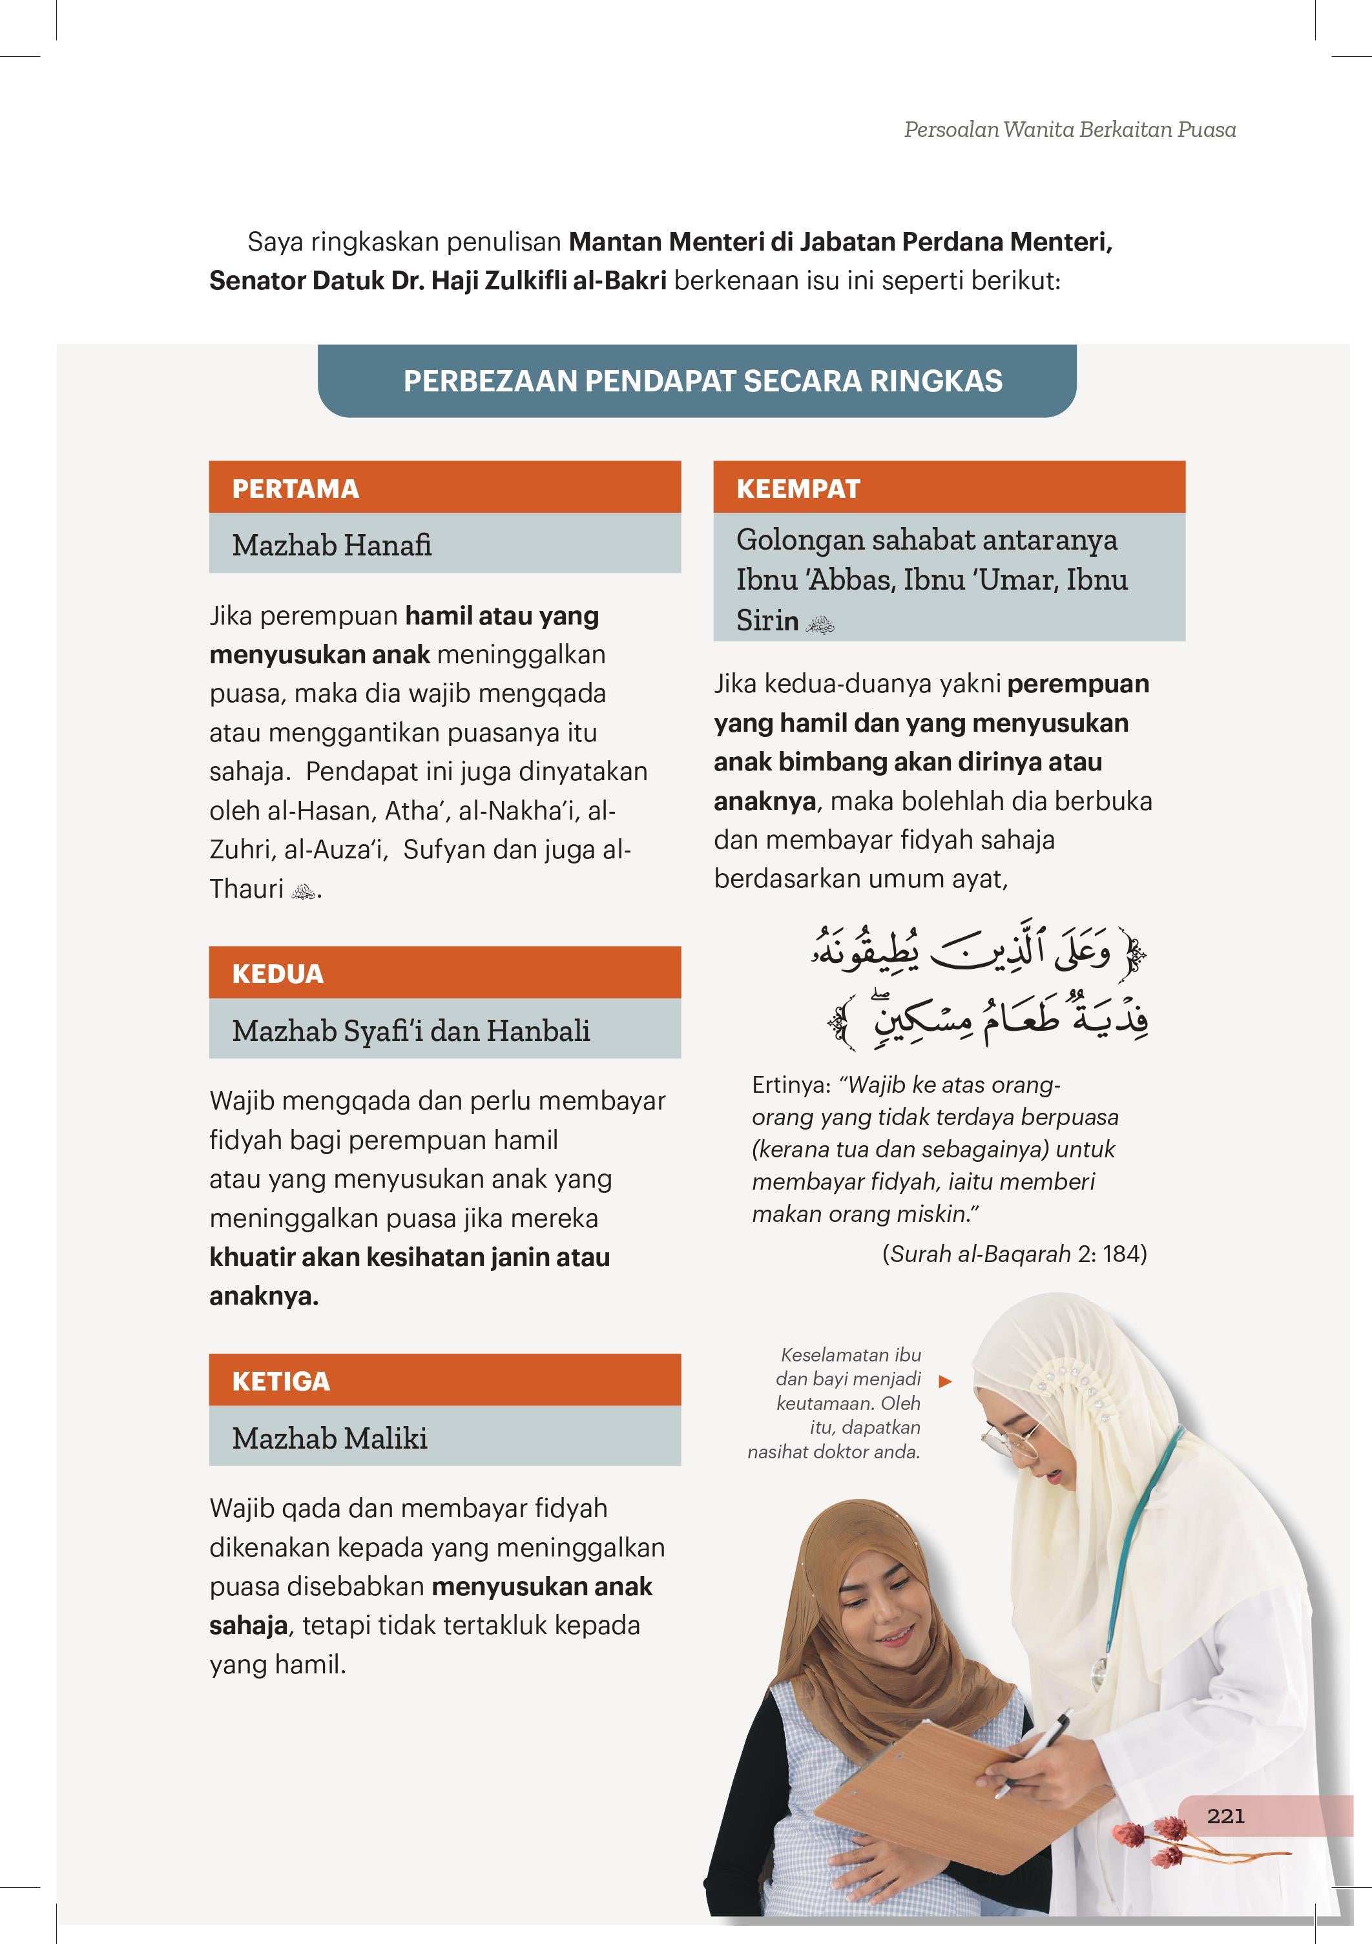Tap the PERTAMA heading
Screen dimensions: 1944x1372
(296, 488)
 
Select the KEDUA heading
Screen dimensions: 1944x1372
(278, 974)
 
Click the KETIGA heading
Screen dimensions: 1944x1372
(281, 1381)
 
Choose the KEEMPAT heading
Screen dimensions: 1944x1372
(798, 488)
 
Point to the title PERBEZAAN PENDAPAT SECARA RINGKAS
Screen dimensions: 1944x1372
(702, 381)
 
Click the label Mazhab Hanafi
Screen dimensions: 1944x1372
(332, 544)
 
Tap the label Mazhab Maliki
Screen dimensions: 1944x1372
(329, 1438)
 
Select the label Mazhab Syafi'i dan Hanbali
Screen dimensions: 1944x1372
(411, 1030)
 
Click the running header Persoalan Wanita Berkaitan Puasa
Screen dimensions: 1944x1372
(1070, 130)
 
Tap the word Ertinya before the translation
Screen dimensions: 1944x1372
(790, 1086)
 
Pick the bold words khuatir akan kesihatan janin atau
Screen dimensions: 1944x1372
(409, 1257)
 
